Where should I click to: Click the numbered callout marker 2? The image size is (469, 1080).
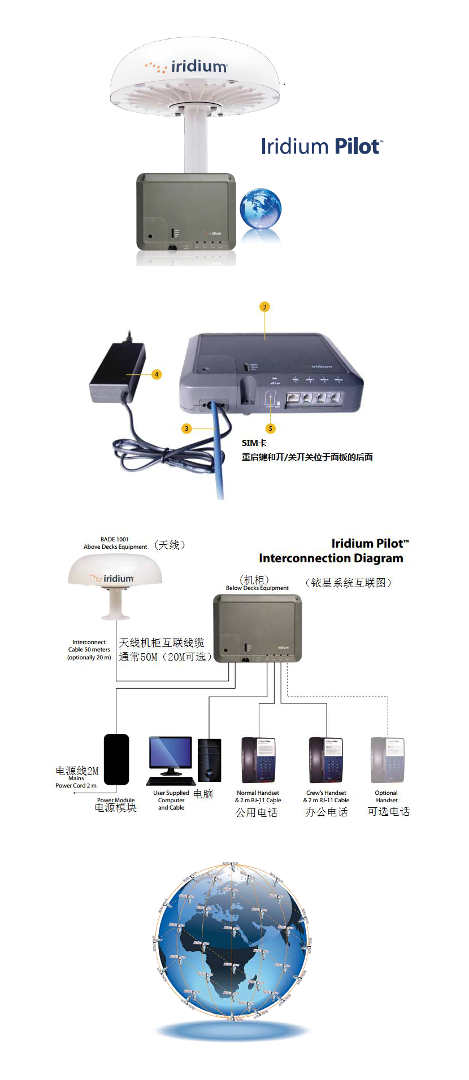click(x=264, y=307)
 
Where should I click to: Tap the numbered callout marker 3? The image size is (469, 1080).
click(x=186, y=428)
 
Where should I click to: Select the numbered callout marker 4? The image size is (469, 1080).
click(x=157, y=374)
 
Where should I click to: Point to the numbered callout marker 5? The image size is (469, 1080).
click(x=271, y=428)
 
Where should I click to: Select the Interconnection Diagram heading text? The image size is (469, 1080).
click(x=331, y=558)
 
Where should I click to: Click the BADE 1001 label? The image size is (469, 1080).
click(x=115, y=539)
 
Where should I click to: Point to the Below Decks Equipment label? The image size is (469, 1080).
click(x=257, y=588)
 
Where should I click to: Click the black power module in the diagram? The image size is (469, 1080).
click(x=116, y=759)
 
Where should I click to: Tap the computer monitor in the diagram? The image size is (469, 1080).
click(x=170, y=754)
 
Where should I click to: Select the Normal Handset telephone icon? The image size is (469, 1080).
click(x=258, y=760)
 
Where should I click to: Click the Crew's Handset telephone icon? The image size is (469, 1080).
click(x=326, y=760)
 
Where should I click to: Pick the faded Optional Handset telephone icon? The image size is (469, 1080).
click(x=387, y=760)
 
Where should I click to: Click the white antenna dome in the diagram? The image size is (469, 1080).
click(x=115, y=576)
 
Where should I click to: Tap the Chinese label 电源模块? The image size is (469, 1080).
click(x=116, y=808)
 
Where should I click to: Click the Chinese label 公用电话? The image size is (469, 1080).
click(x=257, y=812)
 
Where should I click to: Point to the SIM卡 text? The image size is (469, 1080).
click(x=254, y=443)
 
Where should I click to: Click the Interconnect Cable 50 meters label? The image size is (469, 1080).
click(x=89, y=650)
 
